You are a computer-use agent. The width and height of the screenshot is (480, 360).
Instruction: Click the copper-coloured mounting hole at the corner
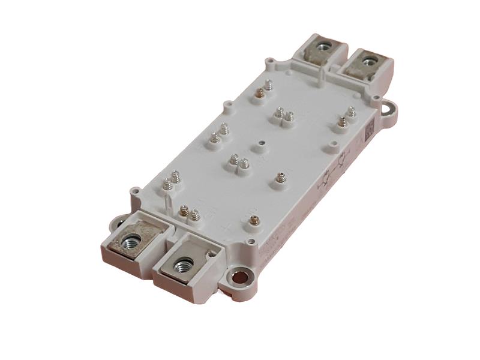[239, 277]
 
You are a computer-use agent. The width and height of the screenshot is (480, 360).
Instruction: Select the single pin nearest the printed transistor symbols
[280, 178]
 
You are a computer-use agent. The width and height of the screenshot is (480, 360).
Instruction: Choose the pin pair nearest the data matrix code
[346, 116]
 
